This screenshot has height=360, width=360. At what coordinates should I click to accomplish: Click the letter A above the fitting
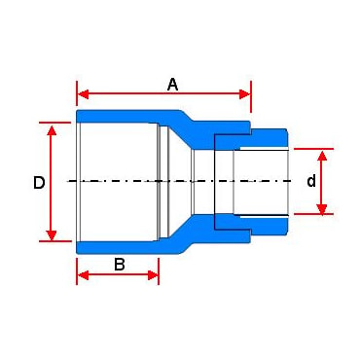pyautogui.click(x=173, y=85)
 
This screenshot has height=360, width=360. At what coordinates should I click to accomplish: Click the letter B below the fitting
pyautogui.click(x=120, y=265)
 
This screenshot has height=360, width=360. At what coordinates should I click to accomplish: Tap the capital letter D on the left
pyautogui.click(x=39, y=183)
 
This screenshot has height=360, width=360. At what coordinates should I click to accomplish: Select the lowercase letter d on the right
pyautogui.click(x=311, y=181)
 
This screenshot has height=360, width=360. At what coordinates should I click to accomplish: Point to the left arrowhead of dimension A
pyautogui.click(x=84, y=94)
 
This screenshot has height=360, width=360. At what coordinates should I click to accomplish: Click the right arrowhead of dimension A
pyautogui.click(x=245, y=94)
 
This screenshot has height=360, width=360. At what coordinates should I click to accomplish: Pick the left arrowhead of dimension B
pyautogui.click(x=84, y=275)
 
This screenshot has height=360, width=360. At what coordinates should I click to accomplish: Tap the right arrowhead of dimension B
pyautogui.click(x=153, y=275)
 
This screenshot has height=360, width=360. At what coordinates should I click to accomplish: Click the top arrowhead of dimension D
pyautogui.click(x=52, y=129)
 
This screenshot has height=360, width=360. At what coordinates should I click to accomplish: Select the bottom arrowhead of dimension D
pyautogui.click(x=52, y=235)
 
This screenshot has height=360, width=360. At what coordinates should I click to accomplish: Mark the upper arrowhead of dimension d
pyautogui.click(x=321, y=156)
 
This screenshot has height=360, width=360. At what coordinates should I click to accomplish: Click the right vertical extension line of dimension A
pyautogui.click(x=251, y=96)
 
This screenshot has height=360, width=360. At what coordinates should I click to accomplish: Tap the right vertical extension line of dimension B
pyautogui.click(x=159, y=271)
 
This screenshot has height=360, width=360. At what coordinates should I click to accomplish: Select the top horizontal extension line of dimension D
pyautogui.click(x=54, y=123)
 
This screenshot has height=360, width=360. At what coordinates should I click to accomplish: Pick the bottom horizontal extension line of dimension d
pyautogui.click(x=313, y=214)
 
